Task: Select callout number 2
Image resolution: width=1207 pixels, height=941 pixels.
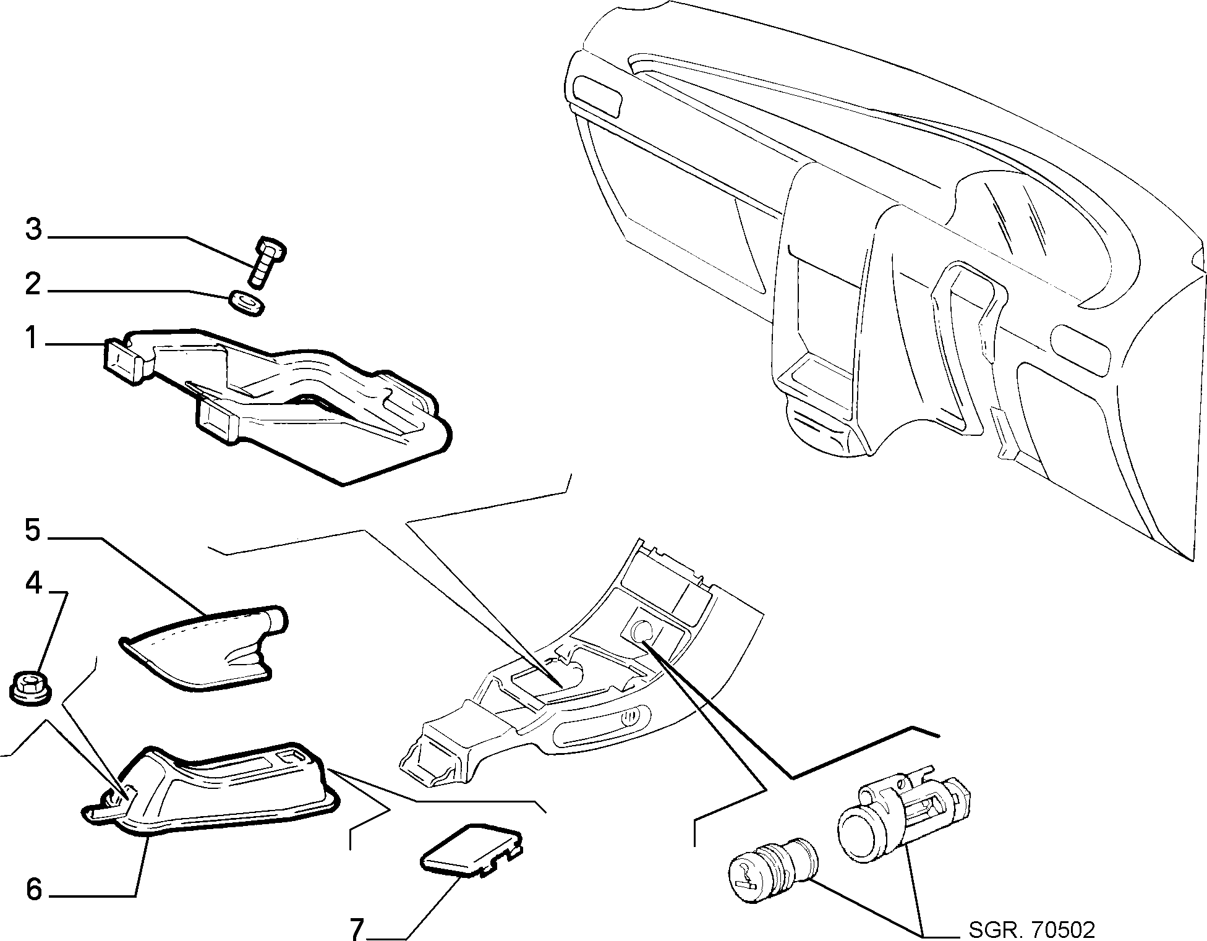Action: [33, 284]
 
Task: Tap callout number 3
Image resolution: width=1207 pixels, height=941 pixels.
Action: [33, 229]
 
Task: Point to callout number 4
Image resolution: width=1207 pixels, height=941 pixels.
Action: [33, 582]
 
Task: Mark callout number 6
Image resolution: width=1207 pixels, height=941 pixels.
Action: [34, 890]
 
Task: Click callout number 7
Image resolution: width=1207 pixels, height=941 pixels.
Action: [357, 928]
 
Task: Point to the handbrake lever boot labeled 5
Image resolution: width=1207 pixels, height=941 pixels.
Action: [203, 646]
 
